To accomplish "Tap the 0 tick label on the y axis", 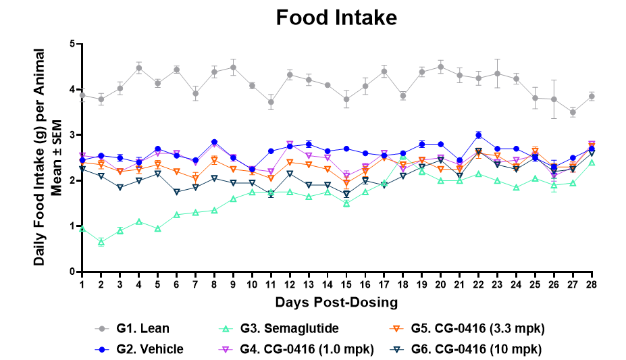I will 72,272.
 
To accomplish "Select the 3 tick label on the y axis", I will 72,135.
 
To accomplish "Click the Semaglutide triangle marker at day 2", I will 101,242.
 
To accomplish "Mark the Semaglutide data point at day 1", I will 82,229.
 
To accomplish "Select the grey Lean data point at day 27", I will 573,112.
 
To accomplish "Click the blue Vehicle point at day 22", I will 478,135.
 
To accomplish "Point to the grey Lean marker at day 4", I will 138,68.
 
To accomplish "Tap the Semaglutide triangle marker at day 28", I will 592,163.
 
